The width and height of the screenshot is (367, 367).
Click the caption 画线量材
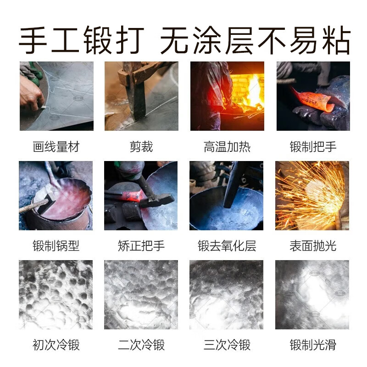click(x=56, y=147)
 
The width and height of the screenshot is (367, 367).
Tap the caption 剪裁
click(x=141, y=147)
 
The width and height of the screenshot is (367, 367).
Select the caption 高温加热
click(x=227, y=147)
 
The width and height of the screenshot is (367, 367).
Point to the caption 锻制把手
click(x=313, y=147)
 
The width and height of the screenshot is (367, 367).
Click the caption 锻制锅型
click(x=56, y=246)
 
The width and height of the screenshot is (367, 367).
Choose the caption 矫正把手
click(x=141, y=246)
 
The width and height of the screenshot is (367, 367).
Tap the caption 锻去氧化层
click(x=227, y=246)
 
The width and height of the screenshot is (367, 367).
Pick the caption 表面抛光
click(x=313, y=246)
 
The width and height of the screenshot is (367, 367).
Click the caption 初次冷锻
click(x=56, y=345)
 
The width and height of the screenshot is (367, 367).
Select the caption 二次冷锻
click(x=141, y=345)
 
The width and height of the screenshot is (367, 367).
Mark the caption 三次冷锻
click(x=227, y=345)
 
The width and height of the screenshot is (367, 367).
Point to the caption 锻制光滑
click(x=313, y=345)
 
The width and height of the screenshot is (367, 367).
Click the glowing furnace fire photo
click(x=227, y=96)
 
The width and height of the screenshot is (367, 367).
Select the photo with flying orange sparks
click(x=312, y=195)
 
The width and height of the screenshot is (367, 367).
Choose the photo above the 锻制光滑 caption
click(x=312, y=295)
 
